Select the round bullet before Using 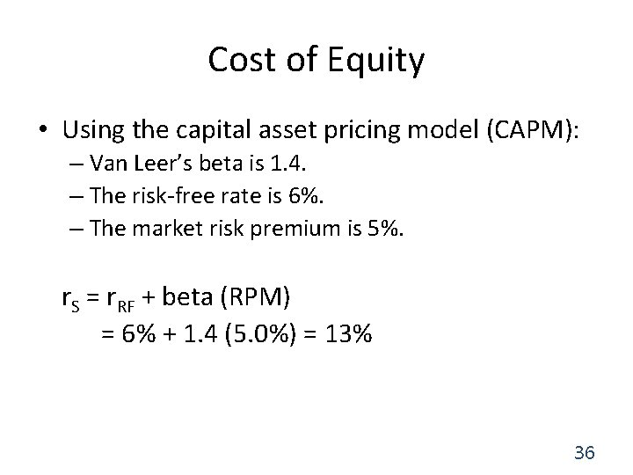coord(43,130)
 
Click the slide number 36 coord(584,453)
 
